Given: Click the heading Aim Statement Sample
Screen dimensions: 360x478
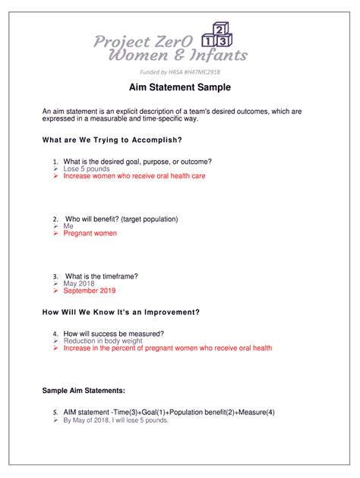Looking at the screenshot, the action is coord(179,89).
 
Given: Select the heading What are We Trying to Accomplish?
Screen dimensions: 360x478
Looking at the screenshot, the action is coord(112,140).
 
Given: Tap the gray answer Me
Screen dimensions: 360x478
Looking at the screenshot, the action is coord(68,226).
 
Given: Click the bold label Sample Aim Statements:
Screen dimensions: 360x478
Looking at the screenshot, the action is coord(84,390).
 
